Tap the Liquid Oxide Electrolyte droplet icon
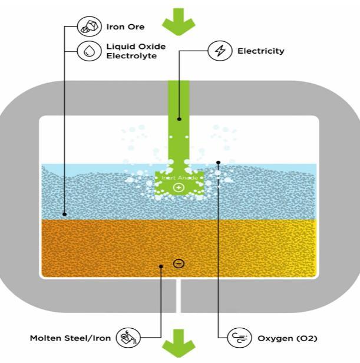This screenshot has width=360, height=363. [89, 50]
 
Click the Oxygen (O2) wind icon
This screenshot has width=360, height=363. [239, 338]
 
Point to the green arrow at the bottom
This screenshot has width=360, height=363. [179, 342]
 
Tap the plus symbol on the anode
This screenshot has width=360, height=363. [179, 187]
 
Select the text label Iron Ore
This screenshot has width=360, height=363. [125, 27]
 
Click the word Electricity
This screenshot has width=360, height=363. [260, 51]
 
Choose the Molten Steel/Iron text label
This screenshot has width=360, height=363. [71, 339]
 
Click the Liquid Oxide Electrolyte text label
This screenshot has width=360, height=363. [136, 50]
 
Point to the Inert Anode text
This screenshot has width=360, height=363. [179, 177]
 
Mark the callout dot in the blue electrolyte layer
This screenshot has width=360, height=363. [64, 214]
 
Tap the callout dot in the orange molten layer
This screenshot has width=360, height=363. [161, 266]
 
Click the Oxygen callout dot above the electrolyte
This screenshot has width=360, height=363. [218, 162]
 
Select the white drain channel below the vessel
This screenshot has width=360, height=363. [179, 295]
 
